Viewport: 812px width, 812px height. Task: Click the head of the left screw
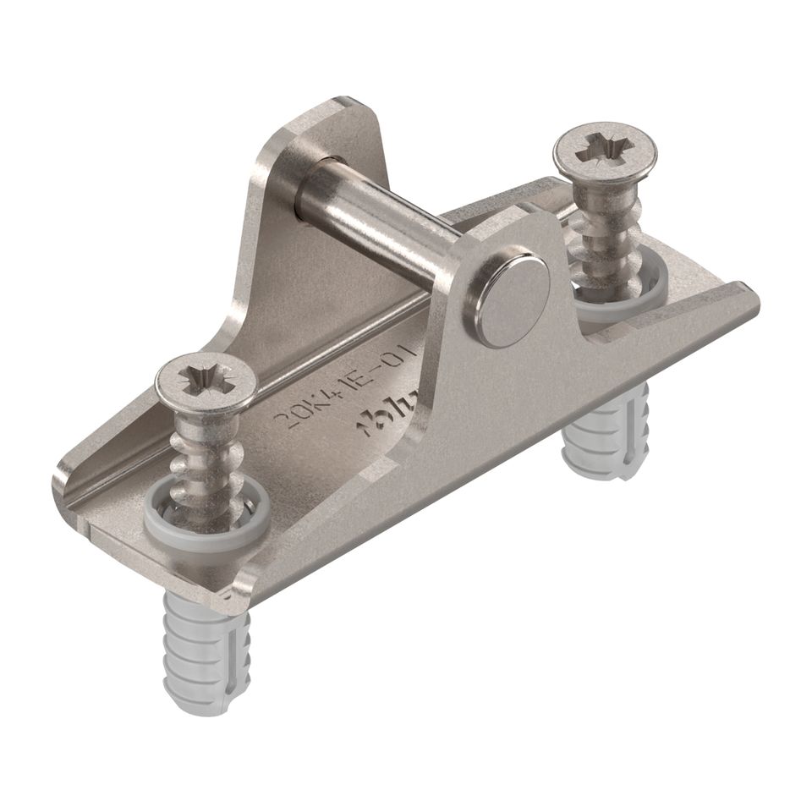(x=205, y=384)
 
